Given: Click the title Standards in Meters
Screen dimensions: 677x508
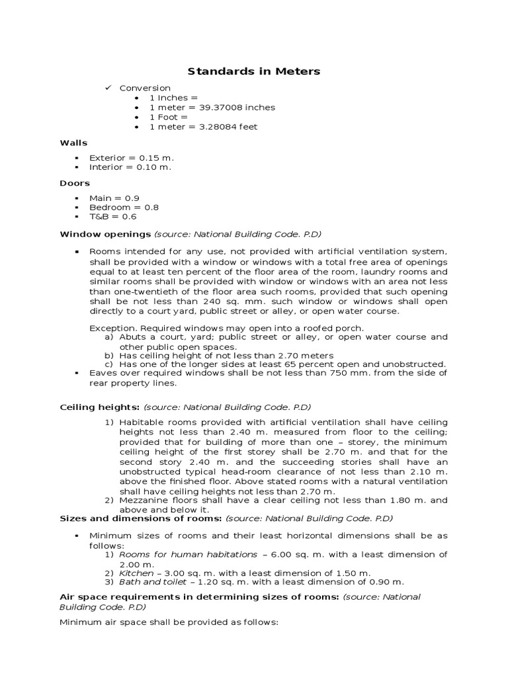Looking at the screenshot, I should [254, 71].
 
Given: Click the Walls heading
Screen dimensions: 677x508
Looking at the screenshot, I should [73, 143].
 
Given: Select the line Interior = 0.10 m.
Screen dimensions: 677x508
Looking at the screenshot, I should [130, 167].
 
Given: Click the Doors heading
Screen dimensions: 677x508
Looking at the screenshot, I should [75, 183].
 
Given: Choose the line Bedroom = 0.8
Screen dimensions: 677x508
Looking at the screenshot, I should [124, 208].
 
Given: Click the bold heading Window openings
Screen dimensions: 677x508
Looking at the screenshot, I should [105, 233].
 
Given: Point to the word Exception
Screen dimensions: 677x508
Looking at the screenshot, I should [110, 328].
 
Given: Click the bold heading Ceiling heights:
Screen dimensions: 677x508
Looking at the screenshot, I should [99, 407].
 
